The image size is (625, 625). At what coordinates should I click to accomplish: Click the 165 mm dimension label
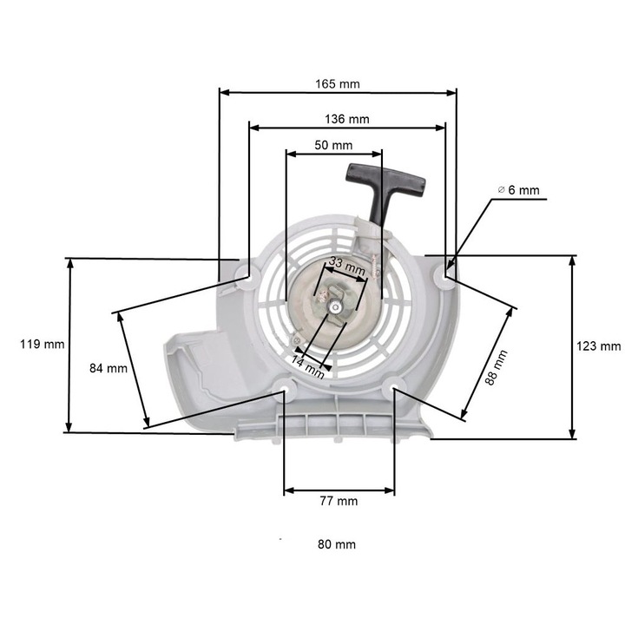click(338, 84)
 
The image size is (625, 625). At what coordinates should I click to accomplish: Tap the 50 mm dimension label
click(333, 145)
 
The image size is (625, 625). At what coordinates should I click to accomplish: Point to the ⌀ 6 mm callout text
click(518, 190)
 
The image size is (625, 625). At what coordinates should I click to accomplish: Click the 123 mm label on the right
click(599, 346)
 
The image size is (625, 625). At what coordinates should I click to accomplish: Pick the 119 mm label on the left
click(42, 345)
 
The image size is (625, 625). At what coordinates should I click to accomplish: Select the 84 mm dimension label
click(109, 368)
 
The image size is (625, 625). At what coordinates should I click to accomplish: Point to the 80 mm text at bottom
click(337, 544)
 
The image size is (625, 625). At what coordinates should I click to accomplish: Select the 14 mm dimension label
click(307, 366)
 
